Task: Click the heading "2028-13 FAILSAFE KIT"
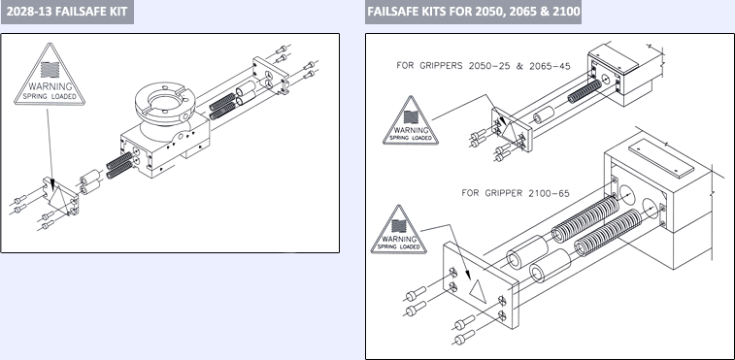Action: click(x=67, y=12)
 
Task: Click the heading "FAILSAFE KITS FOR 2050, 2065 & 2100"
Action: click(x=474, y=12)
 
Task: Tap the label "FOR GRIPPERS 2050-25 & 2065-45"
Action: click(x=484, y=66)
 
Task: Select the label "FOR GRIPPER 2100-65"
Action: click(x=516, y=193)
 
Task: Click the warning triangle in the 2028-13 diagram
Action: click(x=50, y=75)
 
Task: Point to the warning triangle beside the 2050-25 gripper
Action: click(x=411, y=122)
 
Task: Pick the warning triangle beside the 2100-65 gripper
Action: click(x=398, y=231)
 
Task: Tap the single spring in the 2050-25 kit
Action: click(x=585, y=91)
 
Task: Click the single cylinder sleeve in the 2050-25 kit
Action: click(x=544, y=115)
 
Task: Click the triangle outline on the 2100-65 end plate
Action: click(x=478, y=291)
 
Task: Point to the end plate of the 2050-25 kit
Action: click(x=512, y=130)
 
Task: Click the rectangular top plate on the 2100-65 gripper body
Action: click(x=661, y=158)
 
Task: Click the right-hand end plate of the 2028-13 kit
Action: click(x=271, y=76)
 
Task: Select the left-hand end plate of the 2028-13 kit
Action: click(x=60, y=196)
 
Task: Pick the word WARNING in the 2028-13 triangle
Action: click(x=50, y=86)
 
